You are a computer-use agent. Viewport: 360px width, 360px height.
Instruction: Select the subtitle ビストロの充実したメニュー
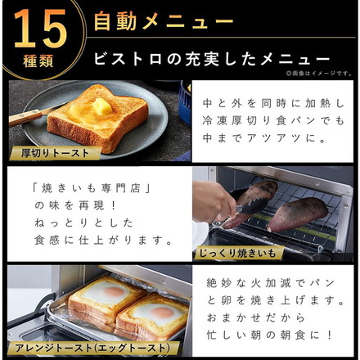tap(211, 59)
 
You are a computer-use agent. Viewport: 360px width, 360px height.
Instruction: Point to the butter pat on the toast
tap(101, 107)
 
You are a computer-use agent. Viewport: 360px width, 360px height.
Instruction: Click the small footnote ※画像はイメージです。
tap(319, 74)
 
